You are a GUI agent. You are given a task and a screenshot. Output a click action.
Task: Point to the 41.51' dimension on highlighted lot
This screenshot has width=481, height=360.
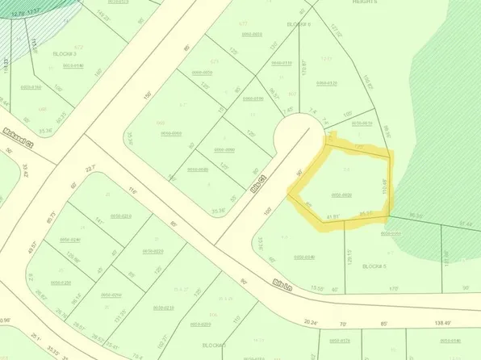point(331,216)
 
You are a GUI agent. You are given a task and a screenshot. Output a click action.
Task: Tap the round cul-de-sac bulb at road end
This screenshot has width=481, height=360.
point(295,136)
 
